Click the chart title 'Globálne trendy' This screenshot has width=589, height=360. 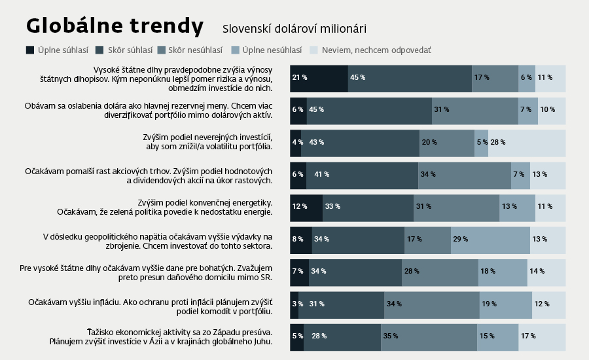point(115,26)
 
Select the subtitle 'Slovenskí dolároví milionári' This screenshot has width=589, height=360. point(294,29)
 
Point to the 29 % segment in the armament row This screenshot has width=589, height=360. point(490,239)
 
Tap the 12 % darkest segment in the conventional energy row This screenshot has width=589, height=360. point(306,207)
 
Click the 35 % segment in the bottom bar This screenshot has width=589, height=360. point(429,336)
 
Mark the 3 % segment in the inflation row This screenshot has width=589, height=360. point(294,304)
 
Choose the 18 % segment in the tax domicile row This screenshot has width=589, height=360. point(503,271)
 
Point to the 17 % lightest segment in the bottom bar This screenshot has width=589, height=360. point(543,336)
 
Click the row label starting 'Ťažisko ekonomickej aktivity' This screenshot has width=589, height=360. point(161,336)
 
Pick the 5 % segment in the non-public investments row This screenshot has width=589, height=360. point(481,142)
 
